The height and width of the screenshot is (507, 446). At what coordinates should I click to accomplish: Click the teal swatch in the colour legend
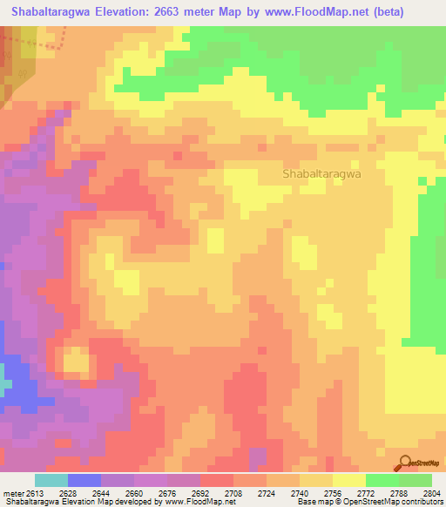tap(51, 480)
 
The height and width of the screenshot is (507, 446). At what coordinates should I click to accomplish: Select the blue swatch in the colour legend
tap(84, 480)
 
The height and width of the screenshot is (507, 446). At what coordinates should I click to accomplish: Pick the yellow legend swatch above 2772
tap(349, 480)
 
